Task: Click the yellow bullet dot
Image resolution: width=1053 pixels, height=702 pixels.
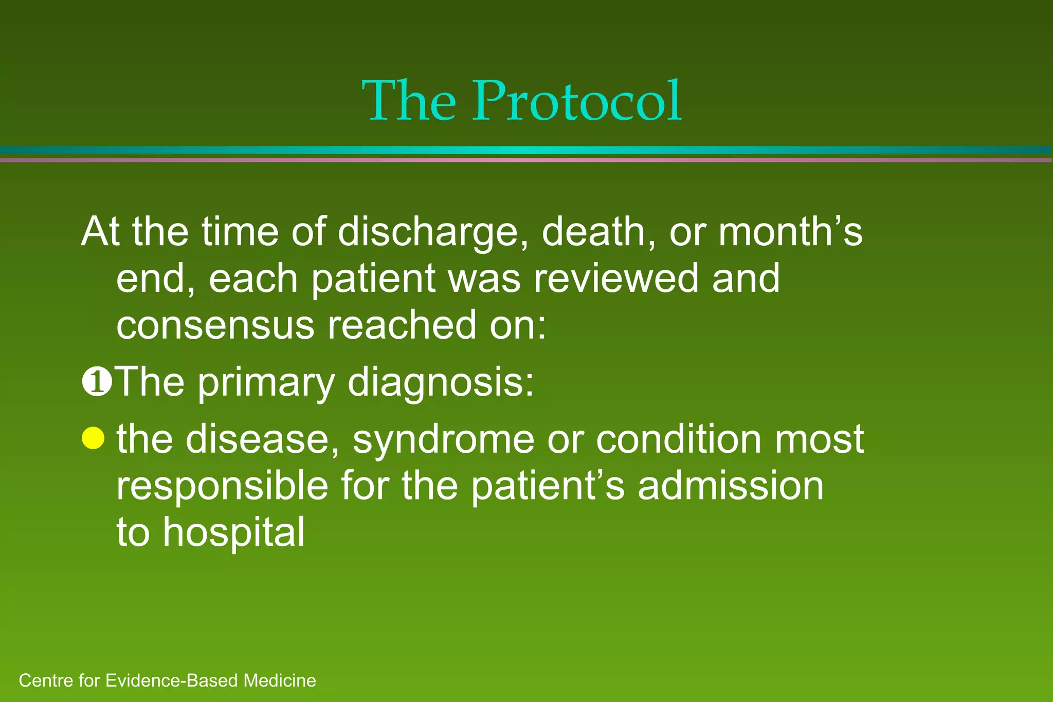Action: click(93, 438)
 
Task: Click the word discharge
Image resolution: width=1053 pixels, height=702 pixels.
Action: click(432, 232)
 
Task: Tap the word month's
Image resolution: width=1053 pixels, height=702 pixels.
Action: click(790, 232)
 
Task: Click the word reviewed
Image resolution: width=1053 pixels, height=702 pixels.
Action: click(615, 278)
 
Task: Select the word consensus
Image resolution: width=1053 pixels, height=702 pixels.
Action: click(215, 325)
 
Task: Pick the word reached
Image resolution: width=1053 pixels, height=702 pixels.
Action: click(402, 325)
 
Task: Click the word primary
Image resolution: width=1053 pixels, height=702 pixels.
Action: click(266, 383)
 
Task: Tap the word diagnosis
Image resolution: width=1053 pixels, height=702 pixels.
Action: click(441, 383)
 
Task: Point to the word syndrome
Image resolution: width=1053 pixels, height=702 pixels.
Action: click(443, 439)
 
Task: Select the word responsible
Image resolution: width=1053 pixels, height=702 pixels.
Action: click(222, 486)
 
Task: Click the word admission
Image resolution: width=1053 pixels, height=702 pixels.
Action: click(731, 486)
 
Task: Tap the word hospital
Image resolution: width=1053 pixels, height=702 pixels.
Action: click(234, 532)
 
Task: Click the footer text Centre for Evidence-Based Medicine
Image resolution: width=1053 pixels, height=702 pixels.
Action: click(167, 681)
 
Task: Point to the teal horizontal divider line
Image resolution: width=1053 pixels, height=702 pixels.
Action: click(526, 150)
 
